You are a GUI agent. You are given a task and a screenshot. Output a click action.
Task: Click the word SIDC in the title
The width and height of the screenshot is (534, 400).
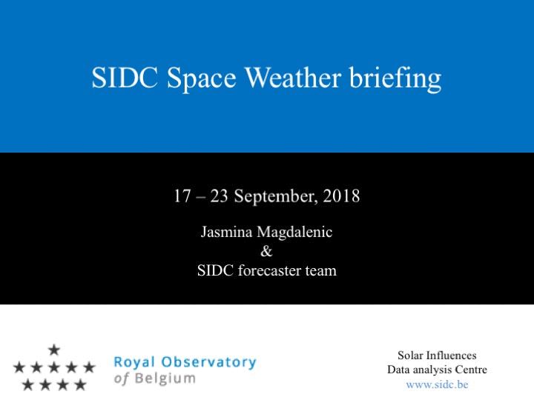(125, 78)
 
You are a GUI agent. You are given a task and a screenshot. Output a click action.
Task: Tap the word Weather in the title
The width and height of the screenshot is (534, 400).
(293, 78)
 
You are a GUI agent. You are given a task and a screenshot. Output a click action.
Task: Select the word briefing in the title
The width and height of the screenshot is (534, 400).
(395, 79)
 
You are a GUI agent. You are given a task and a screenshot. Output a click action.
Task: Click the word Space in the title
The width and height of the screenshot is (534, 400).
(202, 79)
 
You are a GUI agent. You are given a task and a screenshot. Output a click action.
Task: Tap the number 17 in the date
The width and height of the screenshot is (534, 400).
(182, 196)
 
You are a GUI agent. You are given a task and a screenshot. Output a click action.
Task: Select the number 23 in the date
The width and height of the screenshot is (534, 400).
(219, 196)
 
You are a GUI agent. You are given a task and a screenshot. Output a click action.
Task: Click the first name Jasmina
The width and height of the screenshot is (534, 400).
(226, 232)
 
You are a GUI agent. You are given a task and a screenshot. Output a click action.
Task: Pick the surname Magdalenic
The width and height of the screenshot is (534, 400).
(294, 233)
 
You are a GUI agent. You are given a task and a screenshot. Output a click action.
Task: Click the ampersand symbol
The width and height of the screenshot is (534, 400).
(266, 251)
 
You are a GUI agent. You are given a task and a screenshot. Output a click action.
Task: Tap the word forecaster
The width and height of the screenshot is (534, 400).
(269, 270)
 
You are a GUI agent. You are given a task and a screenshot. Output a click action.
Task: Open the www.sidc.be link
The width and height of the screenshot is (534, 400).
(438, 384)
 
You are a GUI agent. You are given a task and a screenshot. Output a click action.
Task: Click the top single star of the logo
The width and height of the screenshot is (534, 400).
(54, 350)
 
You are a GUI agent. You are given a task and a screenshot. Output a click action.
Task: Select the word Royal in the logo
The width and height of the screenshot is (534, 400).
(134, 362)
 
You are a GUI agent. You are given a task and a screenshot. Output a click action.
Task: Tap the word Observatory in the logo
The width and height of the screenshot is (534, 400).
(208, 362)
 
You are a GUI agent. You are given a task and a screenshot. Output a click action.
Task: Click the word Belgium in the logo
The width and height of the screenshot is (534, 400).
(165, 379)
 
